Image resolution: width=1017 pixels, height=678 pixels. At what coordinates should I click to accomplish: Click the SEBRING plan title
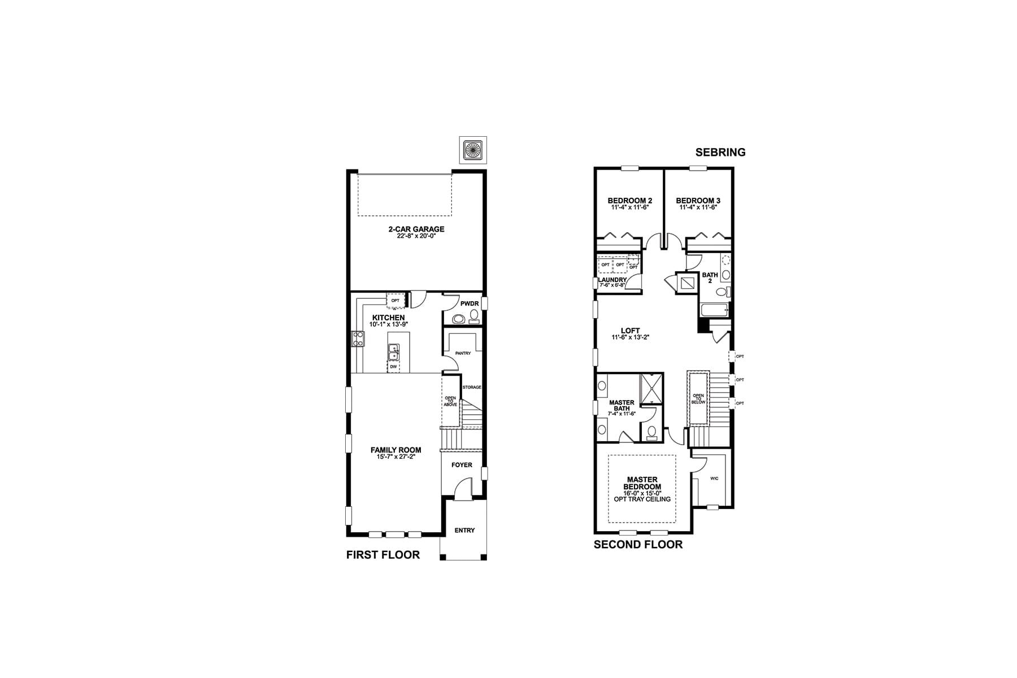pos(720,152)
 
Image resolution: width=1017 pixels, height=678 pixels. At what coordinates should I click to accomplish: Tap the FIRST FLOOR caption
pos(383,555)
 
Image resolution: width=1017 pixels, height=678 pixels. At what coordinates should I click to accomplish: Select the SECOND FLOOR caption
pos(638,545)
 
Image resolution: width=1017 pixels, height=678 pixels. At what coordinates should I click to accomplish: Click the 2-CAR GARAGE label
pos(416,229)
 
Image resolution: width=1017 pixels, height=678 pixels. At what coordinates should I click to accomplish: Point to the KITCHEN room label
pos(388,318)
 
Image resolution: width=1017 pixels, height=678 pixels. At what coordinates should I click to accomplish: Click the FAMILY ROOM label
pos(395,450)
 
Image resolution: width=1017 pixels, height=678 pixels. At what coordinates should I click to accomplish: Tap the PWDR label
pos(470,304)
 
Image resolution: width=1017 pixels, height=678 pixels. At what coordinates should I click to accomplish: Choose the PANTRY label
pos(463,354)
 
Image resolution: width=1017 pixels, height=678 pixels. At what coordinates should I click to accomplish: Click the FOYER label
pos(462,465)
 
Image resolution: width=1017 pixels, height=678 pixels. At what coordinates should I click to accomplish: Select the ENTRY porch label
pos(464,531)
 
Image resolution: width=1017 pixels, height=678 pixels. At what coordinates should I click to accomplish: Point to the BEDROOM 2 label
pos(630,201)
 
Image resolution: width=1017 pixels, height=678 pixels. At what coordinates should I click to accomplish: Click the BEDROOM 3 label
pos(698,201)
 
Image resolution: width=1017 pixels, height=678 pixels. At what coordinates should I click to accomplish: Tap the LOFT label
pos(630,331)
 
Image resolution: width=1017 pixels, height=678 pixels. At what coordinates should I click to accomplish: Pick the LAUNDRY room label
pos(612,280)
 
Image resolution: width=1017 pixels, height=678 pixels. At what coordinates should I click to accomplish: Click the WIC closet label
pos(714,479)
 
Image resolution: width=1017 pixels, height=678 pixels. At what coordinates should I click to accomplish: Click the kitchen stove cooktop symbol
pos(358,338)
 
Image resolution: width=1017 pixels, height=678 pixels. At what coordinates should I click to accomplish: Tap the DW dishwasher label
pos(393,367)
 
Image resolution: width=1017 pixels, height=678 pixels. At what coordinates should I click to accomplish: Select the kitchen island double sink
pos(393,352)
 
